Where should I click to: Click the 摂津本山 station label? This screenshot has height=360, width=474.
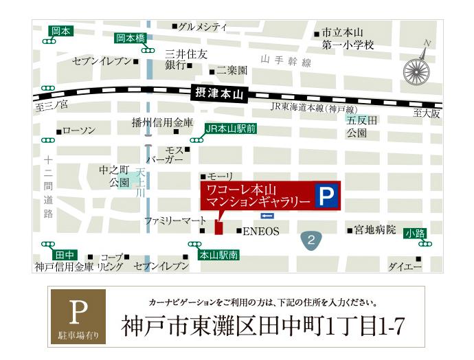coord(215,92)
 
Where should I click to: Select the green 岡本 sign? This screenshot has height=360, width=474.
coord(60,32)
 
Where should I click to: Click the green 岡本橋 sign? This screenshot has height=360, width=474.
coord(130,38)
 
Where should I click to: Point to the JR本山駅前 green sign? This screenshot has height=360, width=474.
coord(230,128)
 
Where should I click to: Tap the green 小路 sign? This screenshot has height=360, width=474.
coord(415,233)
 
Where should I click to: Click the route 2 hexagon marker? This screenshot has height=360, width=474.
coord(311,240)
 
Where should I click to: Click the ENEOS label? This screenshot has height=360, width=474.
coord(260,232)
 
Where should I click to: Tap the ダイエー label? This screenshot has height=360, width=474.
coord(405,266)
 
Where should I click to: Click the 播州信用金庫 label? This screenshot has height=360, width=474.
coord(163,123)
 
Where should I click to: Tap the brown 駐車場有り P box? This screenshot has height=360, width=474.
coord(78,316)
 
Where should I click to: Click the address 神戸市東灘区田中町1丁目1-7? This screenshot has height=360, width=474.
coord(262,326)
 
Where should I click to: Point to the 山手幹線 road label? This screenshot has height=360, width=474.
coord(286,63)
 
